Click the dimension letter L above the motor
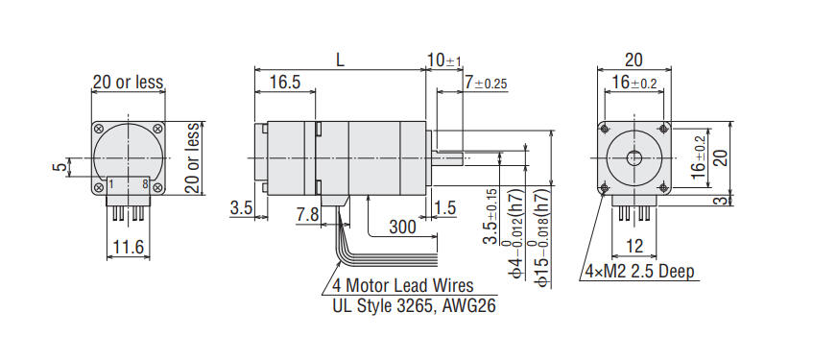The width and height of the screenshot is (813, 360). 340,60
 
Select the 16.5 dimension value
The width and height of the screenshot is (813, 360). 285,83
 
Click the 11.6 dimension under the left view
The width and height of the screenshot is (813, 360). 128,249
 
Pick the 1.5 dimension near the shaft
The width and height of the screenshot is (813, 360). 444,207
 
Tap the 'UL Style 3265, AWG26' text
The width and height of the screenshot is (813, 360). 407,305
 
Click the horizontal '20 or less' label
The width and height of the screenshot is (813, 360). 128,83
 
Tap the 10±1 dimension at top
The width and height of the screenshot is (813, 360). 444,60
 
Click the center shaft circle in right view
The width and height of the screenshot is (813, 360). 633,157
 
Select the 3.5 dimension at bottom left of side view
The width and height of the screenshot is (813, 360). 242,207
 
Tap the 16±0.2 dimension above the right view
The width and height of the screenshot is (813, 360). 634,84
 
